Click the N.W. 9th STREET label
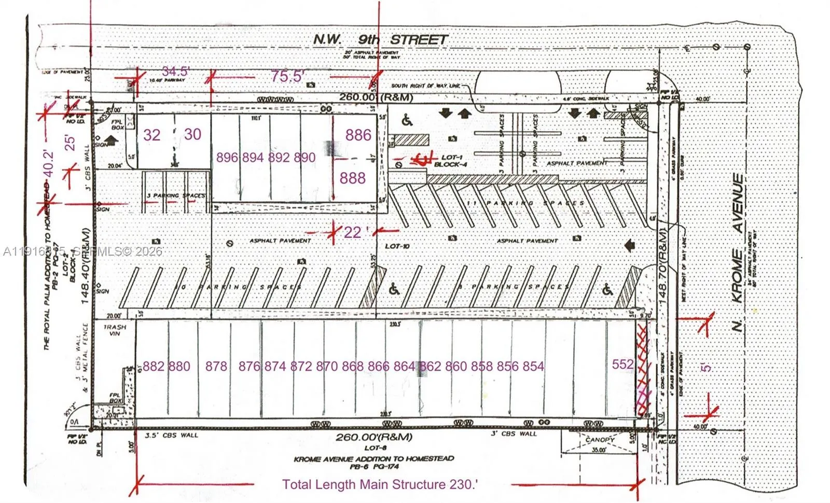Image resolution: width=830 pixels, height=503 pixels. tap(380, 39)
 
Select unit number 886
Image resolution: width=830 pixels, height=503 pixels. tap(358, 135)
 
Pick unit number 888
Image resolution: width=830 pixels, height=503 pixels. tap(352, 178)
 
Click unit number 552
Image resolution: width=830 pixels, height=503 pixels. tap(622, 365)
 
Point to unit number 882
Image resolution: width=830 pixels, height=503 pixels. tap(154, 367)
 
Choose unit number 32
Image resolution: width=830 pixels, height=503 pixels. tap(151, 135)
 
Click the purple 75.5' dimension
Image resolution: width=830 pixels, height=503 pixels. tap(287, 76)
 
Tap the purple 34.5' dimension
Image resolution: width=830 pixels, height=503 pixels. tap(175, 72)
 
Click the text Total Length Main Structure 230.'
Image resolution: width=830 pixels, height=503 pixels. tap(380, 484)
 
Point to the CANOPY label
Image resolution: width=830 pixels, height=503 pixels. tap(600, 439)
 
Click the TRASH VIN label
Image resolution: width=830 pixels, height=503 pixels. tap(112, 330)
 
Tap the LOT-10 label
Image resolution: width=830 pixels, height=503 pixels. tap(397, 246)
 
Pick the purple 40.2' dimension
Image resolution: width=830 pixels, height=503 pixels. tap(49, 163)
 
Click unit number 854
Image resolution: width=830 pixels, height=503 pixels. tap(533, 367)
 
